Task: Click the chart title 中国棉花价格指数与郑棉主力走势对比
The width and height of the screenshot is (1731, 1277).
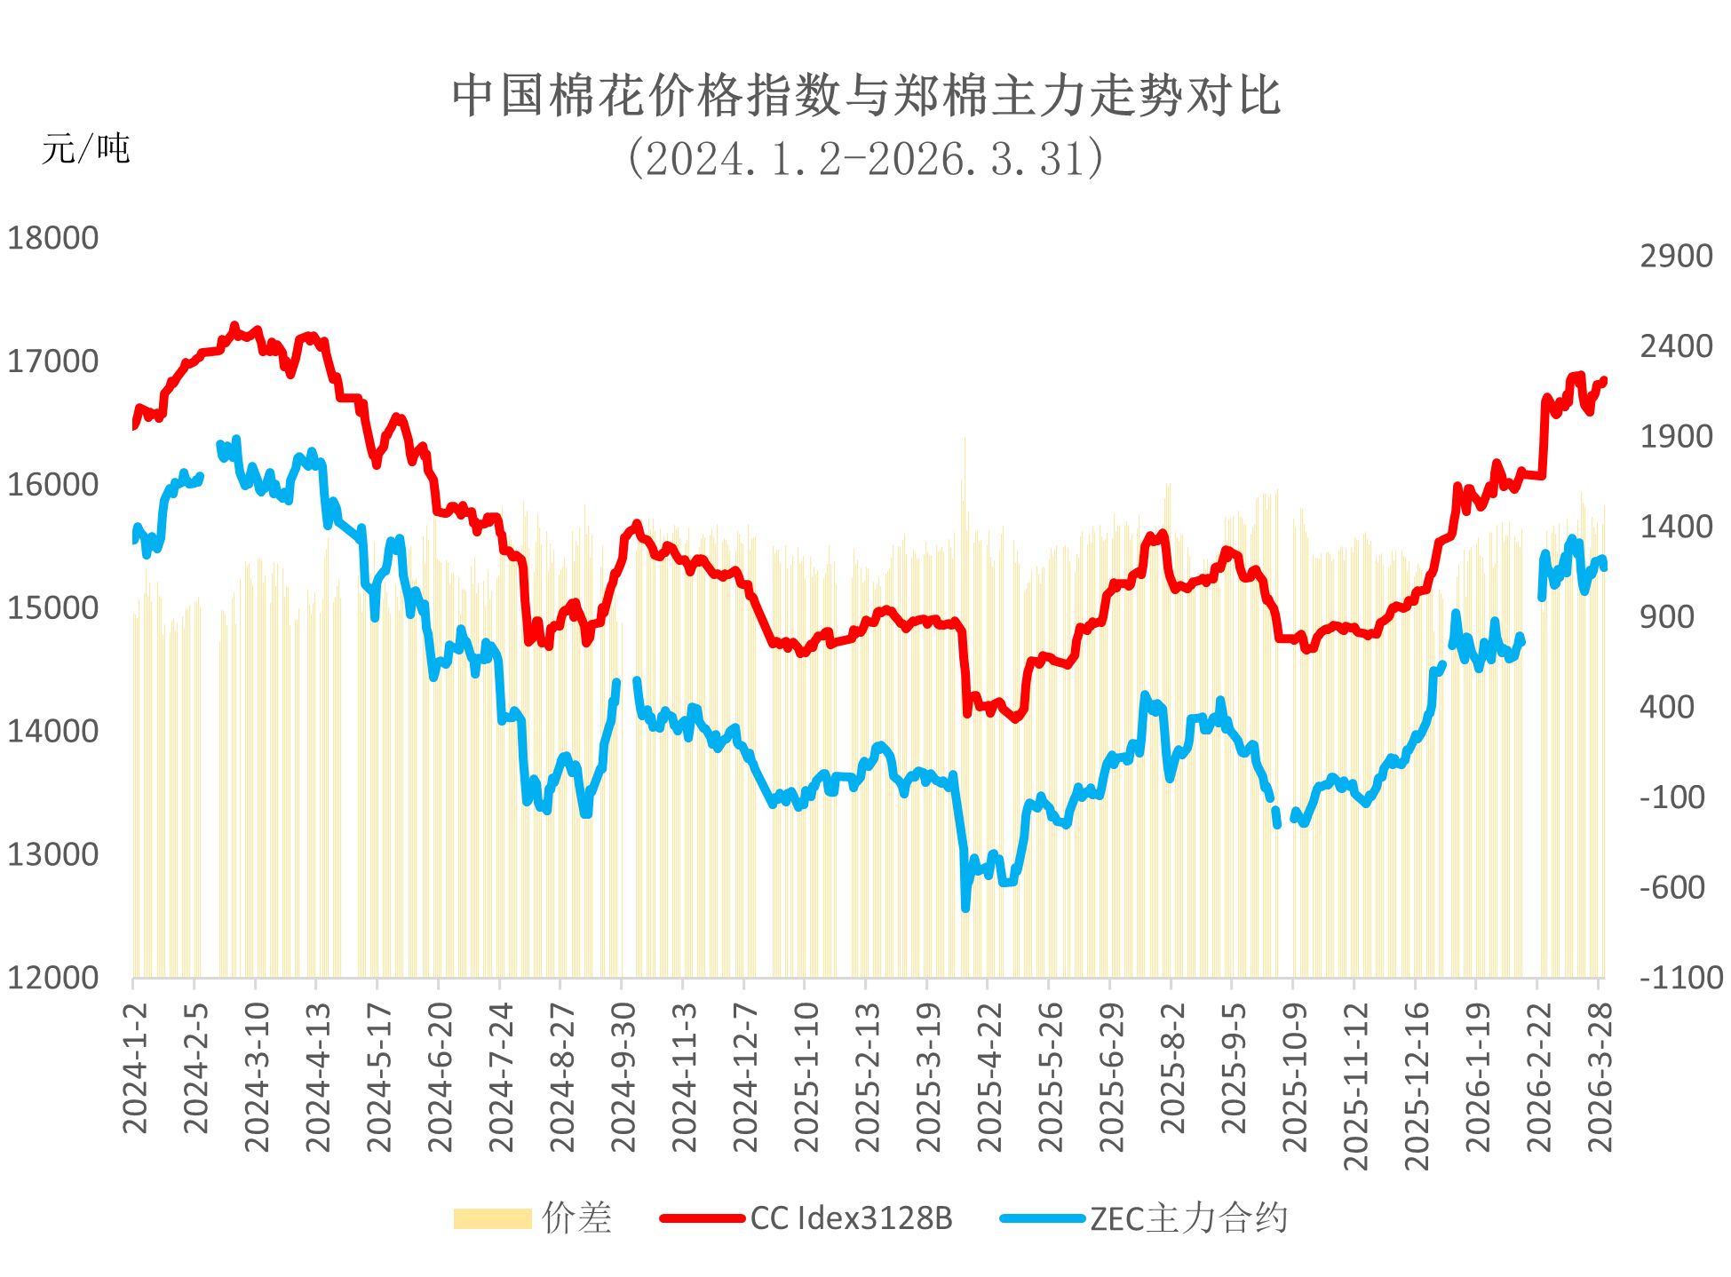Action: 866,96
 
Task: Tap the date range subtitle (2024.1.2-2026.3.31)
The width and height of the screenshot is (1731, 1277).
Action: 866,160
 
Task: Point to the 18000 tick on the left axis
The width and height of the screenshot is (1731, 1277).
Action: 52,239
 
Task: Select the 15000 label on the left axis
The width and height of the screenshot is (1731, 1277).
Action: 52,608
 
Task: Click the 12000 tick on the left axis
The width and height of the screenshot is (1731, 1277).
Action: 52,978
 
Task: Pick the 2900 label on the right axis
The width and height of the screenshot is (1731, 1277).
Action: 1676,257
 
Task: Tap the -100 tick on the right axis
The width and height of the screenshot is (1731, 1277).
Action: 1672,797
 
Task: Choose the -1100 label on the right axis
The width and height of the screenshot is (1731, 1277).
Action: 1679,978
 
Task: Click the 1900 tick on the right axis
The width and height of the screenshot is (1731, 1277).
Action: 1676,437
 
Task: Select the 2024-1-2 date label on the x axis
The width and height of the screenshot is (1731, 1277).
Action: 135,1069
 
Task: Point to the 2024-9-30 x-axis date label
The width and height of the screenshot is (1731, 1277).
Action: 623,1077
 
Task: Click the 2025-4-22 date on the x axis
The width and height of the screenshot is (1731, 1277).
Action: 989,1077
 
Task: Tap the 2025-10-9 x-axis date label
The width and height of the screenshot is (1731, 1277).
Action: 1295,1077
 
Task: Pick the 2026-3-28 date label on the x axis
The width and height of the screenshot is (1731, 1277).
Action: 1600,1077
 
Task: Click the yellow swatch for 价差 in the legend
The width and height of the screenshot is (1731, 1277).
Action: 492,1218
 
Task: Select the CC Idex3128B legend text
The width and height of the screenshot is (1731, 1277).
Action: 851,1218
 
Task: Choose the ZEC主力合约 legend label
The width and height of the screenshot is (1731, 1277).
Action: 1188,1218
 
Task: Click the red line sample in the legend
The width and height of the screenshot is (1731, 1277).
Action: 702,1218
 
